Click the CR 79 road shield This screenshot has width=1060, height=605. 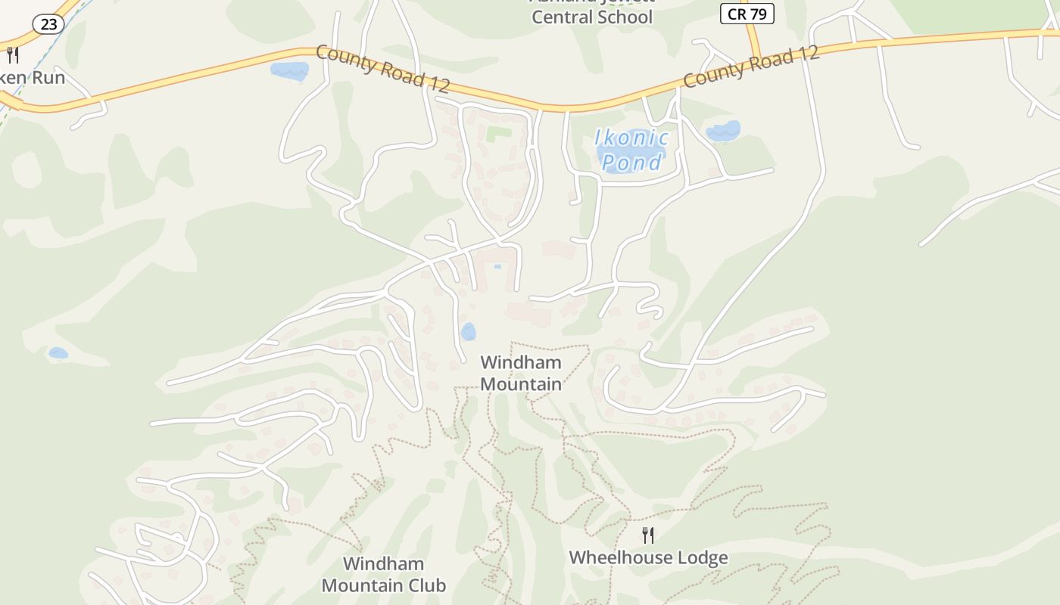pos(747,14)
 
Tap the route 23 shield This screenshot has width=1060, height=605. pos(48,24)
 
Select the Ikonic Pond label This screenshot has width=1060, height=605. pos(631,149)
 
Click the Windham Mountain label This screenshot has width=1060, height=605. pos(521,373)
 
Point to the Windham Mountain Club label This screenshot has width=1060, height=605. pos(383,574)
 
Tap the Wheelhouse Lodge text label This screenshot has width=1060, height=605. pos(648,558)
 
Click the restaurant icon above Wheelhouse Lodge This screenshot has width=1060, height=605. pos(648,535)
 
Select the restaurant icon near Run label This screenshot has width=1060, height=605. pos(12,54)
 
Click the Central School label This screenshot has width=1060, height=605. pos(591,17)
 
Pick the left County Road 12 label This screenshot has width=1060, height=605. pos(382,68)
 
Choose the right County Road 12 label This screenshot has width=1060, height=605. pos(751,66)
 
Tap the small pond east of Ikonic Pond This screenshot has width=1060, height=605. pos(722,131)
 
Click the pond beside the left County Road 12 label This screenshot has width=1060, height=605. pos(289,71)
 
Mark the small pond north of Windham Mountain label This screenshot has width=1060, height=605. pos(469,331)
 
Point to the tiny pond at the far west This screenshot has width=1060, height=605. pos(58,352)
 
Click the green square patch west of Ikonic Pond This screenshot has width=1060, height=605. pos(498,134)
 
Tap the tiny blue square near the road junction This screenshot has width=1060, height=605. pos(497,266)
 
